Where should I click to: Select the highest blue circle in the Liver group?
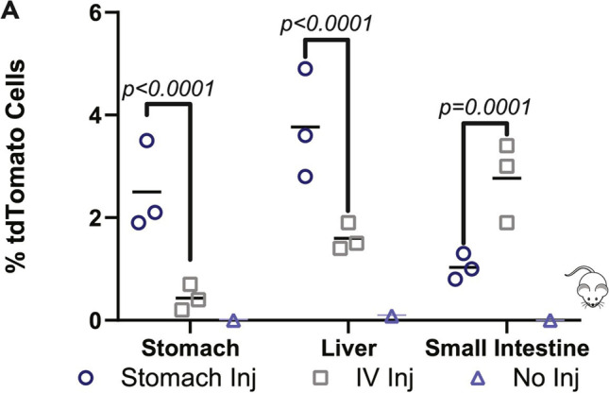tap(305, 68)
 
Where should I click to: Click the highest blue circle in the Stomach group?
tap(146, 141)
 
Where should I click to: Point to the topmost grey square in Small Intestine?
tap(507, 145)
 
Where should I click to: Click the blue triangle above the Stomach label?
tap(233, 321)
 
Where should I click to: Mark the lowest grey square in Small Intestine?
tap(507, 223)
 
